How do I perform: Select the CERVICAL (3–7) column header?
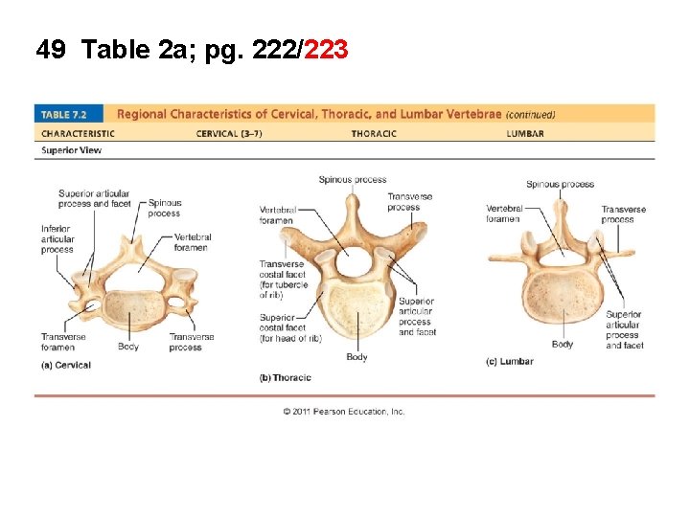(x=229, y=133)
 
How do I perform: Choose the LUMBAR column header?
(x=525, y=133)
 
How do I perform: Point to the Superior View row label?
(x=71, y=150)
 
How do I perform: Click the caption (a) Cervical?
(x=66, y=365)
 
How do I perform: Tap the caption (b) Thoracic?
(x=286, y=378)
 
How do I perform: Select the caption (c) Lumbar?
(x=510, y=362)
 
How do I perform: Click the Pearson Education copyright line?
(x=344, y=412)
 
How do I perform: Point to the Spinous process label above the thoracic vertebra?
(x=353, y=179)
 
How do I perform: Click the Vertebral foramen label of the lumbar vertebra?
(x=503, y=214)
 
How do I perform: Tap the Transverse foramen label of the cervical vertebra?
(x=63, y=342)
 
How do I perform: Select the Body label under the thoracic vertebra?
(x=356, y=357)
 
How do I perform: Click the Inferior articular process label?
(x=57, y=239)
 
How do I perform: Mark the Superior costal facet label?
(x=282, y=328)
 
